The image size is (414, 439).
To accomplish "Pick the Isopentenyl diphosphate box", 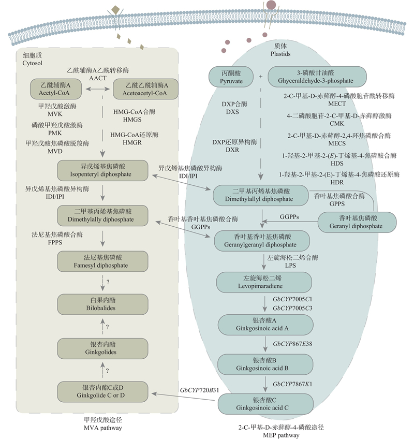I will pos(102,170).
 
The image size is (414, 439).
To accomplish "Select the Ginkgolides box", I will pos(102,347).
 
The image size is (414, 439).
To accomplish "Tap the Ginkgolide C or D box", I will pos(102,391).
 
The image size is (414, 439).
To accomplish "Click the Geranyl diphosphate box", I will pos(356,222).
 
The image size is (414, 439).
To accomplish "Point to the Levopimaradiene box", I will pos(264,282).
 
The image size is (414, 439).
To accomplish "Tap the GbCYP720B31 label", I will pos(200,389).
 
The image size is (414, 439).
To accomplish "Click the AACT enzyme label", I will pos(97,78).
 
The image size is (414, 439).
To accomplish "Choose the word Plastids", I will pos(280,54).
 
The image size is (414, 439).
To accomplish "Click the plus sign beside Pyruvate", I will pos(261,77).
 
